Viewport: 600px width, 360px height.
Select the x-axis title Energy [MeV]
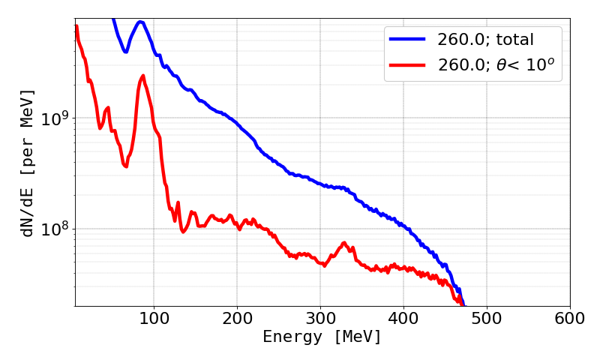[322, 337]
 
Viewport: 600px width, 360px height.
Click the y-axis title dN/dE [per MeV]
[28, 163]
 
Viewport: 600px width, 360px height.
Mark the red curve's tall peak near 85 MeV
[142, 76]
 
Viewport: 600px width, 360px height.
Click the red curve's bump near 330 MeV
[344, 243]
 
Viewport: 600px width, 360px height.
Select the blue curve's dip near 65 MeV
[125, 52]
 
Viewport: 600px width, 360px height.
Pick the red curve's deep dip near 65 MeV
[126, 166]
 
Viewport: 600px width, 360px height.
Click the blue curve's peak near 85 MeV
[140, 22]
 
